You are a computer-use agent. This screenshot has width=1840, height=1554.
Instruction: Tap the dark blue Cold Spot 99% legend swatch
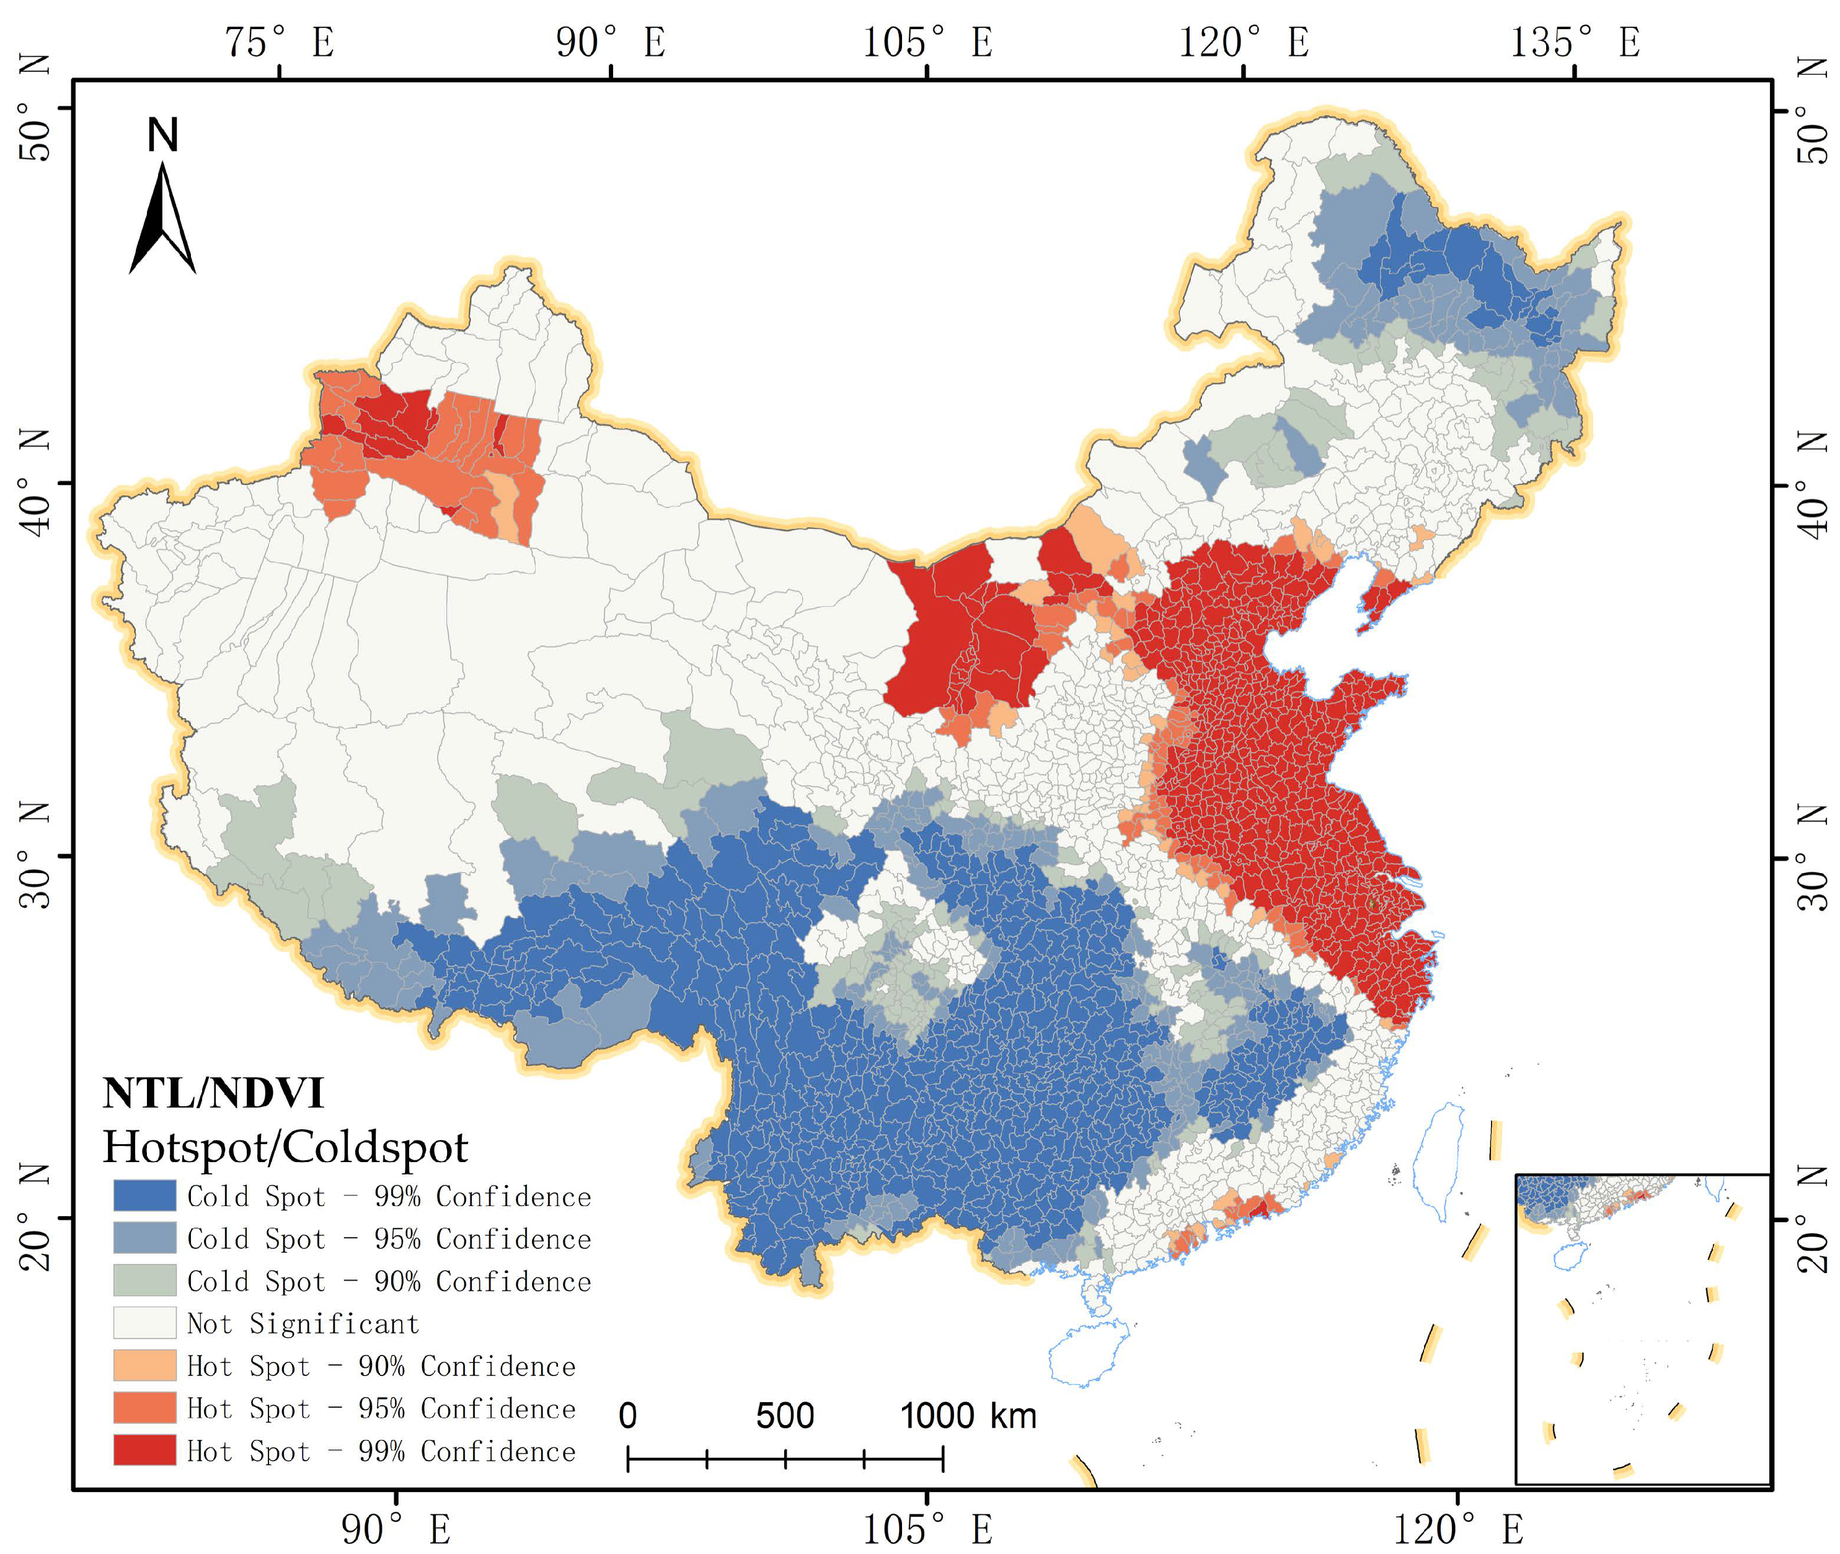(x=144, y=1196)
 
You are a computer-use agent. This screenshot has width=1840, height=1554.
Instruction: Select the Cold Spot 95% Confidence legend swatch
(x=144, y=1238)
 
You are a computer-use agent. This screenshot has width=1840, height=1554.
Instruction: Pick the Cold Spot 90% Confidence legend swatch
(x=144, y=1280)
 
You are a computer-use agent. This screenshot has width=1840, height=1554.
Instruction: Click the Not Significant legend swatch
(x=144, y=1322)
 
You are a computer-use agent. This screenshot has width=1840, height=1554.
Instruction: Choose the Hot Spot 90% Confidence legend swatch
(x=144, y=1365)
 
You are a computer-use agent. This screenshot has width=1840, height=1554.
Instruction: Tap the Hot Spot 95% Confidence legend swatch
(x=144, y=1407)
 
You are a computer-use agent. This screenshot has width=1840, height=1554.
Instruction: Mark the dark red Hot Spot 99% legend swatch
(x=144, y=1449)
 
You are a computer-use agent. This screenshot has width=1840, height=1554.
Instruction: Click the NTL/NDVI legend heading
(x=213, y=1093)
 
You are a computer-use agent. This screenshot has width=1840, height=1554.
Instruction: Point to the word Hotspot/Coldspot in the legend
(x=285, y=1147)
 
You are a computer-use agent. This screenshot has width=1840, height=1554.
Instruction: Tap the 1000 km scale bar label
(x=967, y=1416)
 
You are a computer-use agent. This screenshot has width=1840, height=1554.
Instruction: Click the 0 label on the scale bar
(x=627, y=1416)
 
